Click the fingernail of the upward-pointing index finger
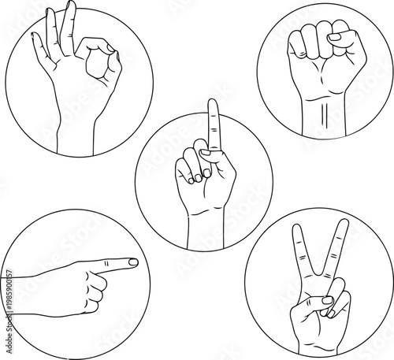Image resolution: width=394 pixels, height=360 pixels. coord(212,104)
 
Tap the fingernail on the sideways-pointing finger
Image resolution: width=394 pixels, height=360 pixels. coord(132,262)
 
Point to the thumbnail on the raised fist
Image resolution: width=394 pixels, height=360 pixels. coord(335,36)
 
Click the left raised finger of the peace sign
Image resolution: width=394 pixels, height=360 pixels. coord(299,252)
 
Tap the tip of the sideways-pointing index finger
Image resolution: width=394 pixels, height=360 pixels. coord(136,262)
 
